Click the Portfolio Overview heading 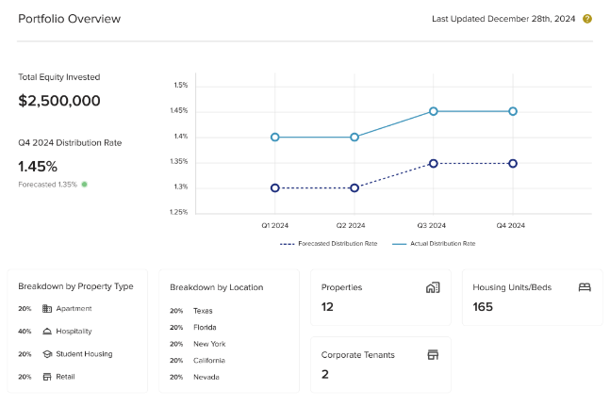coord(69,19)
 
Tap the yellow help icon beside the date coord(587,19)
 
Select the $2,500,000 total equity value coord(59,101)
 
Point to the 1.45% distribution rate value coord(38,167)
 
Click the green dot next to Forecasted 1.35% coord(84,185)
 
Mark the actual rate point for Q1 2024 coord(275,137)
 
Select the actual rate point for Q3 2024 coord(434,111)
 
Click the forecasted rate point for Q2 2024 coord(354,187)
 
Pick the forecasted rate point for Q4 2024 coord(513,163)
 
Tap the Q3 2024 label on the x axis coord(434,226)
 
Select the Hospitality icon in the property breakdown coord(47,332)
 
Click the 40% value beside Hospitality coord(25,332)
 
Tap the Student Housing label coord(85,354)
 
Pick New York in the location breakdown coord(209,344)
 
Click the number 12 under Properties coord(328,307)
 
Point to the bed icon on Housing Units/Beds coord(584,287)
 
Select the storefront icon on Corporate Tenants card coord(433,355)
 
